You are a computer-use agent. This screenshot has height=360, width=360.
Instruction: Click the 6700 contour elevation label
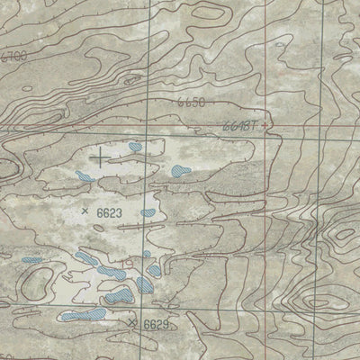click(13, 56)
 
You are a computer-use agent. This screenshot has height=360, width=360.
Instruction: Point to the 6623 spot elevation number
click(108, 212)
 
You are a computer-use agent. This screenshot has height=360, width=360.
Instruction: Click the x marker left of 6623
click(85, 211)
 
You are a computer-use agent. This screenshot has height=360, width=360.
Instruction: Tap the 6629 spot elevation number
click(156, 323)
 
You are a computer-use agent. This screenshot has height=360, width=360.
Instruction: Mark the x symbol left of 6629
click(133, 321)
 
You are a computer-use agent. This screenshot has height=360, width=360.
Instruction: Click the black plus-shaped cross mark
click(98, 158)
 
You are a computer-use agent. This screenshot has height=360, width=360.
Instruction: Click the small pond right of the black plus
click(135, 146)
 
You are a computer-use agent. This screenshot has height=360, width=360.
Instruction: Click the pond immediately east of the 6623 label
click(148, 213)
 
